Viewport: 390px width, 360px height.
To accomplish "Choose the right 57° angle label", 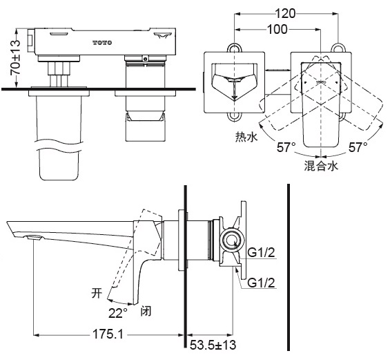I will (x=358, y=147).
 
